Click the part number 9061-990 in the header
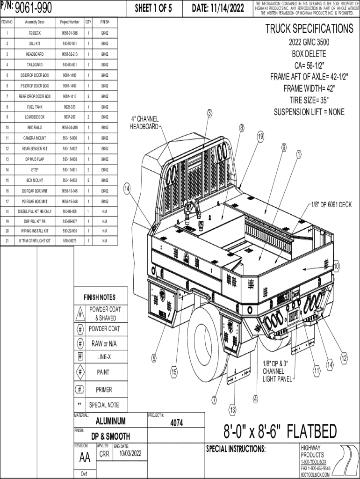coord(33,8)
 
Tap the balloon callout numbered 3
coord(210,113)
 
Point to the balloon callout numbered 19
coord(260,137)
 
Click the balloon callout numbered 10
coord(336,266)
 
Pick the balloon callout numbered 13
coord(232,410)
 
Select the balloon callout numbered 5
coord(153,359)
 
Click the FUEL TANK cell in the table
coord(35,107)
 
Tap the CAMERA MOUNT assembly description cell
coord(35,138)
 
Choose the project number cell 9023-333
coord(70,107)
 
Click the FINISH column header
coord(104,22)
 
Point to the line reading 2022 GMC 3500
coord(309,43)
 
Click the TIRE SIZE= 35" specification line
coord(309,100)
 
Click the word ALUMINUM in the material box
coord(110,421)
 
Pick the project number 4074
coord(176,423)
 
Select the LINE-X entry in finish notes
coord(104,357)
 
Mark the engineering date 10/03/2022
coord(130,453)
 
